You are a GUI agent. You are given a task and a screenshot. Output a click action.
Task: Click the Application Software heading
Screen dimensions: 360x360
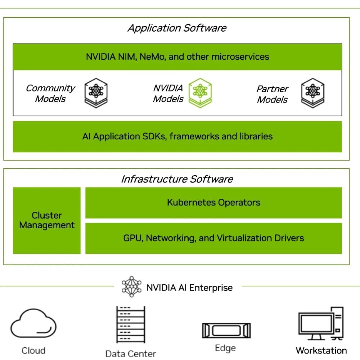coord(177,28)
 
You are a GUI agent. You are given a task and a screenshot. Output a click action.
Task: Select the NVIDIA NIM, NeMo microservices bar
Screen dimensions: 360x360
coord(177,57)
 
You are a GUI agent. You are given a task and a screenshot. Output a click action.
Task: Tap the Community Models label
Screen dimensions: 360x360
coord(50,94)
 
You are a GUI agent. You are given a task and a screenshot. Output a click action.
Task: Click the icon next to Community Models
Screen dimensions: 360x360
coord(96,93)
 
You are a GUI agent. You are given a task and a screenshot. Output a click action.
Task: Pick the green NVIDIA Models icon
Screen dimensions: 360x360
coord(200,93)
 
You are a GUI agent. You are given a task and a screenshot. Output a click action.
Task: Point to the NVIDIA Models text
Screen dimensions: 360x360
coord(168,94)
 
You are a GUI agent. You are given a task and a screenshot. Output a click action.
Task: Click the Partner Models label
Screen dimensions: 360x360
coord(273,94)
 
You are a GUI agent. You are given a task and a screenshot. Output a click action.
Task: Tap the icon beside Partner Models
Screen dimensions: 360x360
coord(312,93)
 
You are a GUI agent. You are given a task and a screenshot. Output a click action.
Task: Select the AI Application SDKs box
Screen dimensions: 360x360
coord(177,137)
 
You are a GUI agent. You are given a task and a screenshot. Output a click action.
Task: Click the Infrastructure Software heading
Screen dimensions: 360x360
coord(177,179)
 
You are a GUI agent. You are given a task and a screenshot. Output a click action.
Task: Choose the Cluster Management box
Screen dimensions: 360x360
coord(47,220)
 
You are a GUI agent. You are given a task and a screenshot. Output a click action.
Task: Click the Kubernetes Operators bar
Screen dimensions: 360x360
coord(213,203)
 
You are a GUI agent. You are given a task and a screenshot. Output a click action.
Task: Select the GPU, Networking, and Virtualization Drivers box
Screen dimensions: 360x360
coord(213,238)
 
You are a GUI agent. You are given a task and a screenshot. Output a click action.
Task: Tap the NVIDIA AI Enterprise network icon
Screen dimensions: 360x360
coord(131,287)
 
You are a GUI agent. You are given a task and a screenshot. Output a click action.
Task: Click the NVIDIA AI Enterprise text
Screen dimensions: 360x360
coord(189,288)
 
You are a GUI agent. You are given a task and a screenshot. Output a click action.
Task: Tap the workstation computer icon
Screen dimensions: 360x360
coord(321,324)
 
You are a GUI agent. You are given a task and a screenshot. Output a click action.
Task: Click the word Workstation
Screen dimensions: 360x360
coord(321,350)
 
